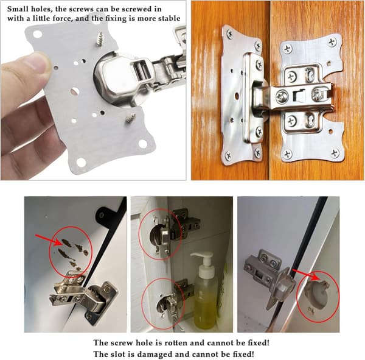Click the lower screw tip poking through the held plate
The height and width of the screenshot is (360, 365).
pos(131,118)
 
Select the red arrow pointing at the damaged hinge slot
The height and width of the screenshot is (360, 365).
pos(305,275)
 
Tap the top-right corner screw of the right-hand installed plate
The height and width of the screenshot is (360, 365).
pos(333,43)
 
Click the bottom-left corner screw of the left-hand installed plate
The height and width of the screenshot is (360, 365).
pos(229,155)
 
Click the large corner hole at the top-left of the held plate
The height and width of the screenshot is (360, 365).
pos(38,34)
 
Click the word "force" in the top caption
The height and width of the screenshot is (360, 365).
pos(63,19)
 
